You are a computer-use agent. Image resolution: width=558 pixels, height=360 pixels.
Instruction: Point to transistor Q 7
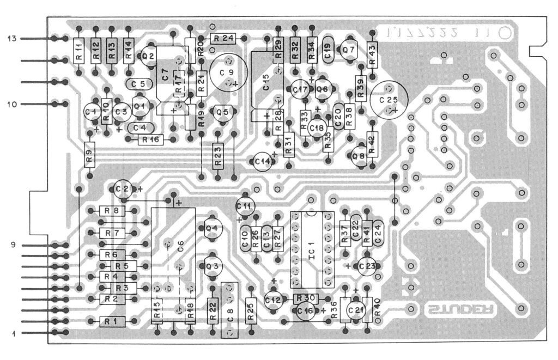click(348, 50)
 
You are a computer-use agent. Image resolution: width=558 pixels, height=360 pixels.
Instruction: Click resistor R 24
click(222, 38)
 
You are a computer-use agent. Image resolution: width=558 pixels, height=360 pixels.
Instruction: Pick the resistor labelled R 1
click(112, 321)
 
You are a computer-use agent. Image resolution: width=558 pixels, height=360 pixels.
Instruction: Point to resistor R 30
click(305, 298)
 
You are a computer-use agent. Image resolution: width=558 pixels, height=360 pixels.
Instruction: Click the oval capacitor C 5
click(138, 84)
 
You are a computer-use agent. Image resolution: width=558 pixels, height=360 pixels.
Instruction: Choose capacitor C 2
click(123, 189)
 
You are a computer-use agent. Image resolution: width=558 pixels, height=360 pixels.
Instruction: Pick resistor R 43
click(373, 54)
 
